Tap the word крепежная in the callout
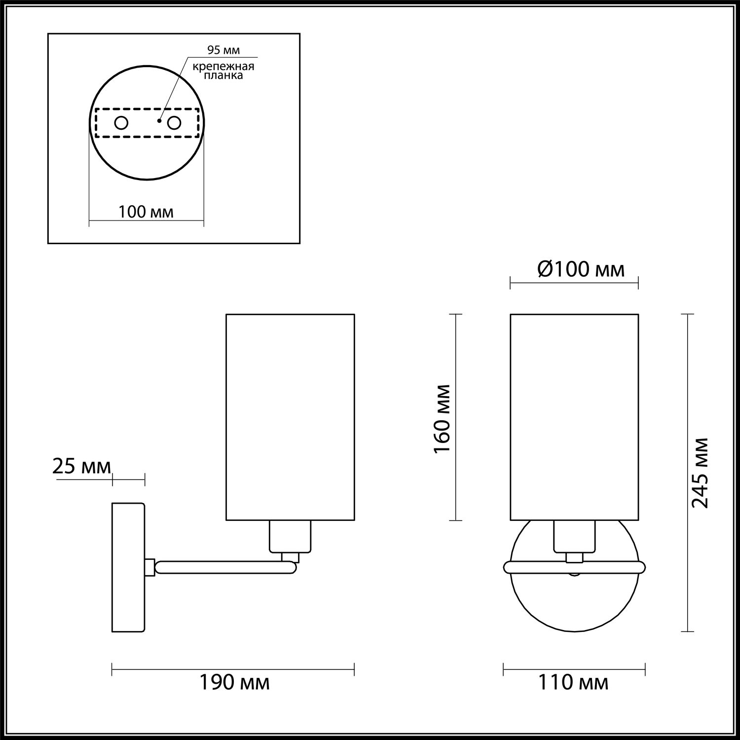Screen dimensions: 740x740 click(x=223, y=67)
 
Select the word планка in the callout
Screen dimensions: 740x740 click(x=224, y=75)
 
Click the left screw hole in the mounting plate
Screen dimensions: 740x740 click(x=121, y=122)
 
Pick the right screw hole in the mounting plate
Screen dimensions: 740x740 click(x=174, y=122)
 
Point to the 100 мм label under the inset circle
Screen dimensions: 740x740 click(x=146, y=212)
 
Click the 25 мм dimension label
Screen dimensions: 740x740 click(x=81, y=466)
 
